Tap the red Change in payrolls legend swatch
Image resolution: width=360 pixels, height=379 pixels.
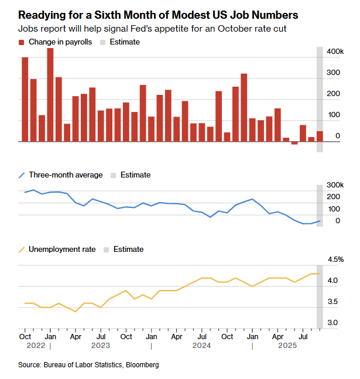[22, 42]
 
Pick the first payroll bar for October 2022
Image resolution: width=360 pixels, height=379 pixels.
[25, 100]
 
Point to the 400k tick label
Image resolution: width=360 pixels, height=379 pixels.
[335, 52]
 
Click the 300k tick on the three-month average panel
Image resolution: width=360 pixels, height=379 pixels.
[335, 185]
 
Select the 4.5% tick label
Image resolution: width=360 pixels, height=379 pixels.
[335, 260]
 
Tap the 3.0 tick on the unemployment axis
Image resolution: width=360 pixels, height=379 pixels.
[332, 323]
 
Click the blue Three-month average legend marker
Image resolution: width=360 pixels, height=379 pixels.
[22, 175]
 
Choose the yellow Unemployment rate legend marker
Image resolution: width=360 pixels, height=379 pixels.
[22, 250]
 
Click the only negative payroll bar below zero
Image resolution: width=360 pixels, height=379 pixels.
[294, 143]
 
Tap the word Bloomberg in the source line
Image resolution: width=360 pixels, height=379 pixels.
[141, 365]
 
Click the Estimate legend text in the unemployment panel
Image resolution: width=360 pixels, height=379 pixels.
[128, 250]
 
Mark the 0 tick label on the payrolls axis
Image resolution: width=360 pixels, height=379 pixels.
[338, 136]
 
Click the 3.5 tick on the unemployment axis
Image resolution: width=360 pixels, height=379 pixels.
[332, 302]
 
